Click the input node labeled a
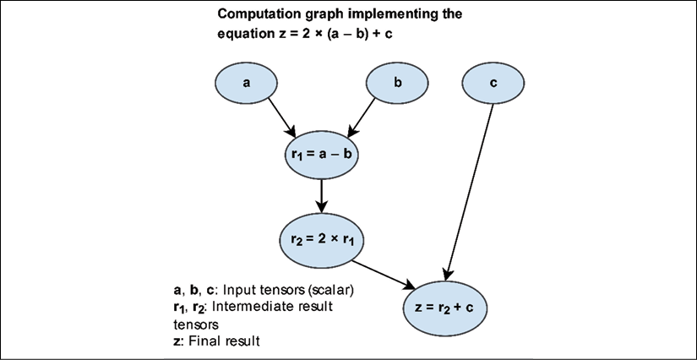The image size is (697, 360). click(246, 83)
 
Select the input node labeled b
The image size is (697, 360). click(397, 83)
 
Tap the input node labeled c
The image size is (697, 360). click(493, 83)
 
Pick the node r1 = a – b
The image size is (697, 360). click(321, 154)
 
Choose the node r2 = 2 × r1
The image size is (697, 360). click(321, 239)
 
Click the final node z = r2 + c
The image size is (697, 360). click(445, 308)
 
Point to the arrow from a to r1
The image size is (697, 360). click(281, 117)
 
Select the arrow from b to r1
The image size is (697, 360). click(362, 117)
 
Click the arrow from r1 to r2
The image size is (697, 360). click(321, 195)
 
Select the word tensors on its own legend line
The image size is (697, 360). click(196, 325)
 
